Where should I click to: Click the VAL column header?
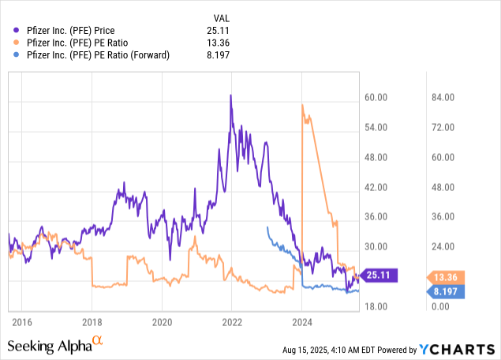point(223,17)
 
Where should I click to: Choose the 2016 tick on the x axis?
point(22,322)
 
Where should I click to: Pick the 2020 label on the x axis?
point(162,322)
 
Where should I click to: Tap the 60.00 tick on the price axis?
point(378,98)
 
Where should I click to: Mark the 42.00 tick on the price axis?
point(378,187)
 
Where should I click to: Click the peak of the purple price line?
point(230,96)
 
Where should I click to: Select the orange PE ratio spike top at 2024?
point(302,105)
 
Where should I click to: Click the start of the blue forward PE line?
point(267,227)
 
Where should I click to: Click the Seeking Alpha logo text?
point(49,346)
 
